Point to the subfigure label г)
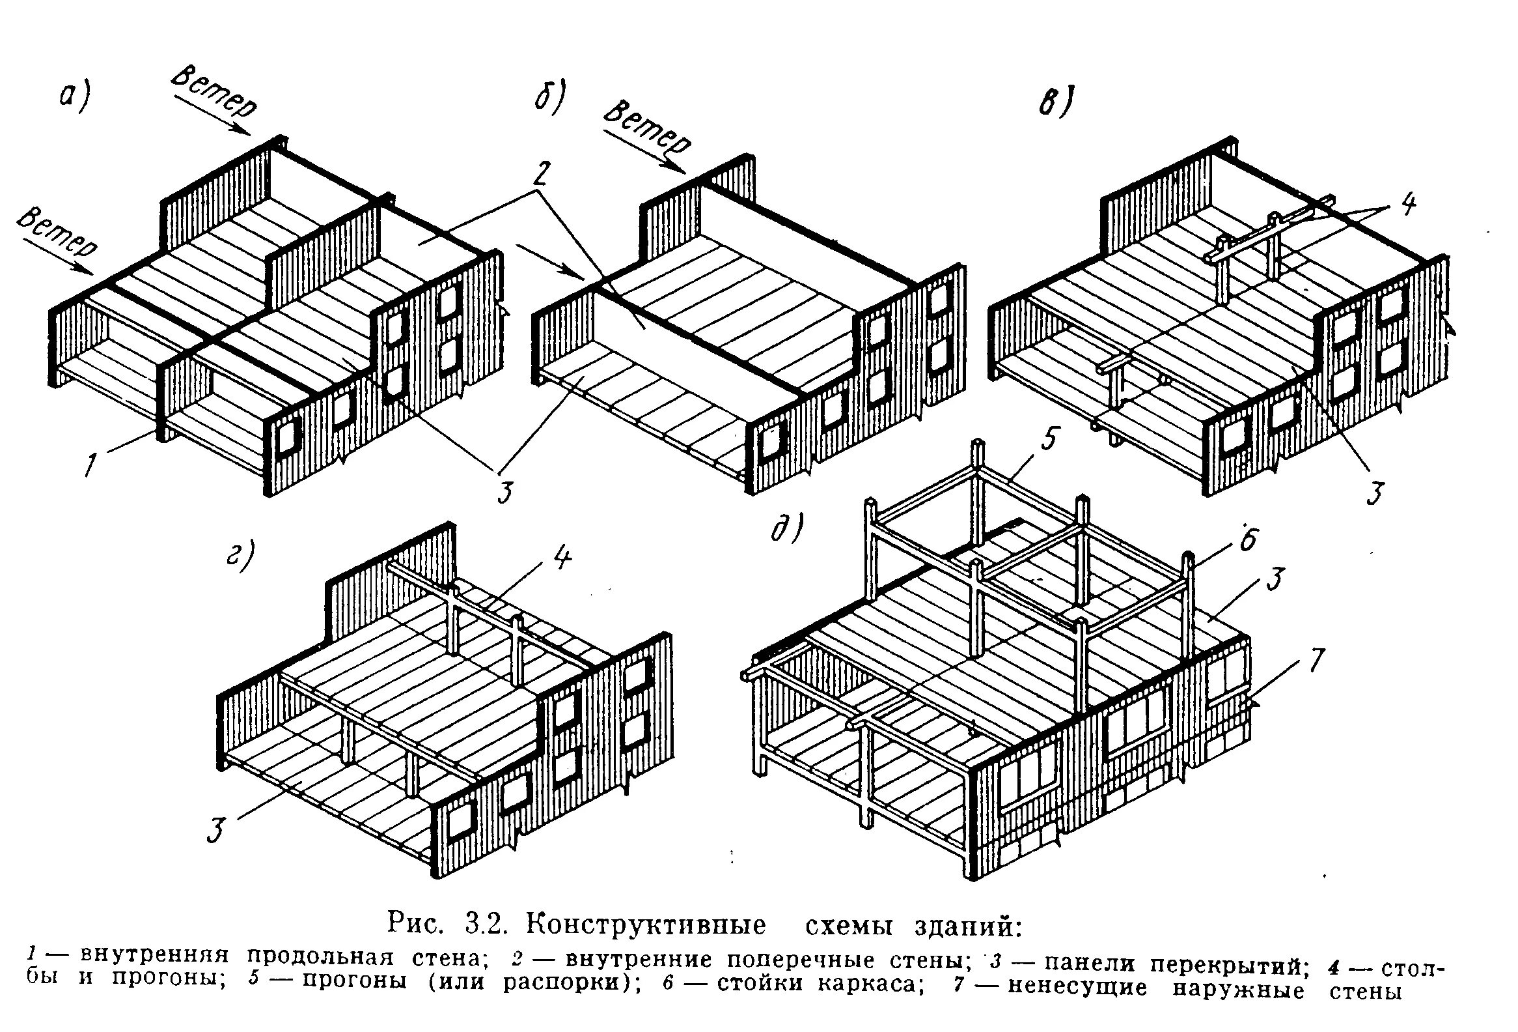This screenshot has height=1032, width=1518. [239, 556]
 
